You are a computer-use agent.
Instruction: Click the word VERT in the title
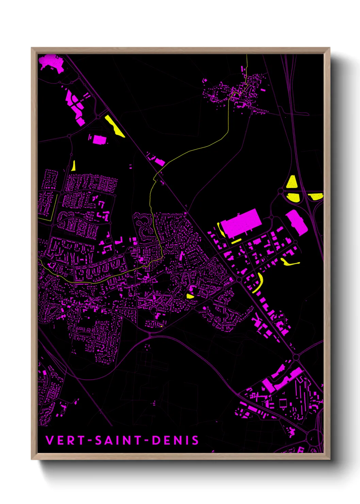click(x=65, y=440)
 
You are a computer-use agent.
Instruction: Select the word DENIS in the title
click(x=175, y=440)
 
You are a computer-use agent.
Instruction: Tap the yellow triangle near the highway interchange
click(x=292, y=183)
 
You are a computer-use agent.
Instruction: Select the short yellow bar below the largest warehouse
click(x=236, y=241)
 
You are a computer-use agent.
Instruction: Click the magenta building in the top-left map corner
click(x=51, y=63)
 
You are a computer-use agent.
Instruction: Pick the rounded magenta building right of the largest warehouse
click(x=297, y=222)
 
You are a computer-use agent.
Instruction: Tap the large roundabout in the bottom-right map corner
click(x=315, y=437)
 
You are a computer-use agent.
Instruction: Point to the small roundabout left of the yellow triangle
click(x=280, y=191)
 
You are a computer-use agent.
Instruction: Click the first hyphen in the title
click(x=90, y=441)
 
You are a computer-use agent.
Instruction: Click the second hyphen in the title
click(x=146, y=441)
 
